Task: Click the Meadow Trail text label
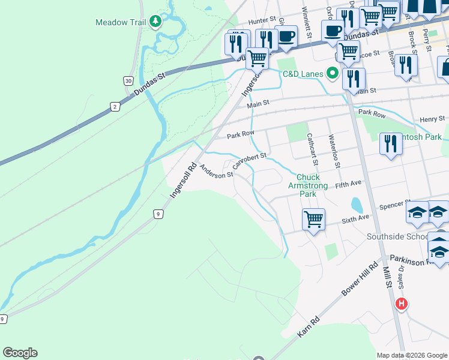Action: click(120, 22)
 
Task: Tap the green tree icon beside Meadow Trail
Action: click(156, 22)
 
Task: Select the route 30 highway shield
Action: click(128, 80)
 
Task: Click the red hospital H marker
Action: click(402, 304)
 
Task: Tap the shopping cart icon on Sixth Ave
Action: click(313, 220)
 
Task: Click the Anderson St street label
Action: click(216, 172)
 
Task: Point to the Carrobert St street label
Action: click(249, 161)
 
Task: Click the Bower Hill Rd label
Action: click(360, 278)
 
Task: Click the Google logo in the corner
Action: click(20, 353)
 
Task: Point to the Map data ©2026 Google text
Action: click(412, 355)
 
